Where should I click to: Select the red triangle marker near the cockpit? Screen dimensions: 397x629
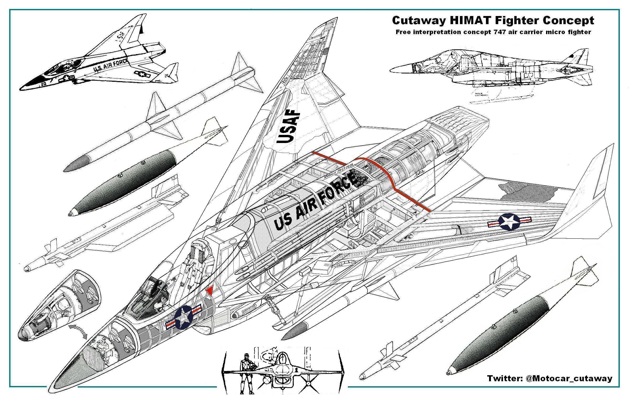209,291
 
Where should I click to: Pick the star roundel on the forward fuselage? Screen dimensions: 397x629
184,317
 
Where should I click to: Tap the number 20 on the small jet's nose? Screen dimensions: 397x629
44,84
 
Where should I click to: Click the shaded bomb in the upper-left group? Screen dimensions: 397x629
123,184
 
